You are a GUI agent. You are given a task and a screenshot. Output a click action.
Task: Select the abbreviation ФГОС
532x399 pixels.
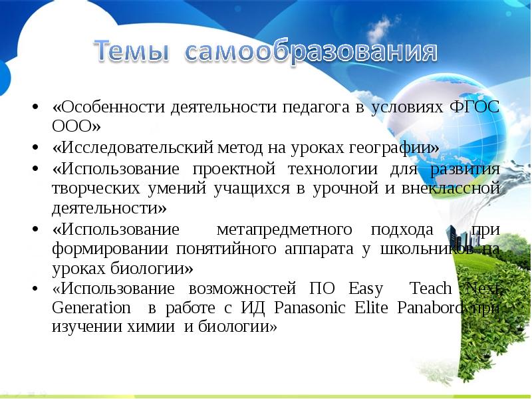475,107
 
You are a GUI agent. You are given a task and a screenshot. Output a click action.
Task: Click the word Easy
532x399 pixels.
365,289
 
